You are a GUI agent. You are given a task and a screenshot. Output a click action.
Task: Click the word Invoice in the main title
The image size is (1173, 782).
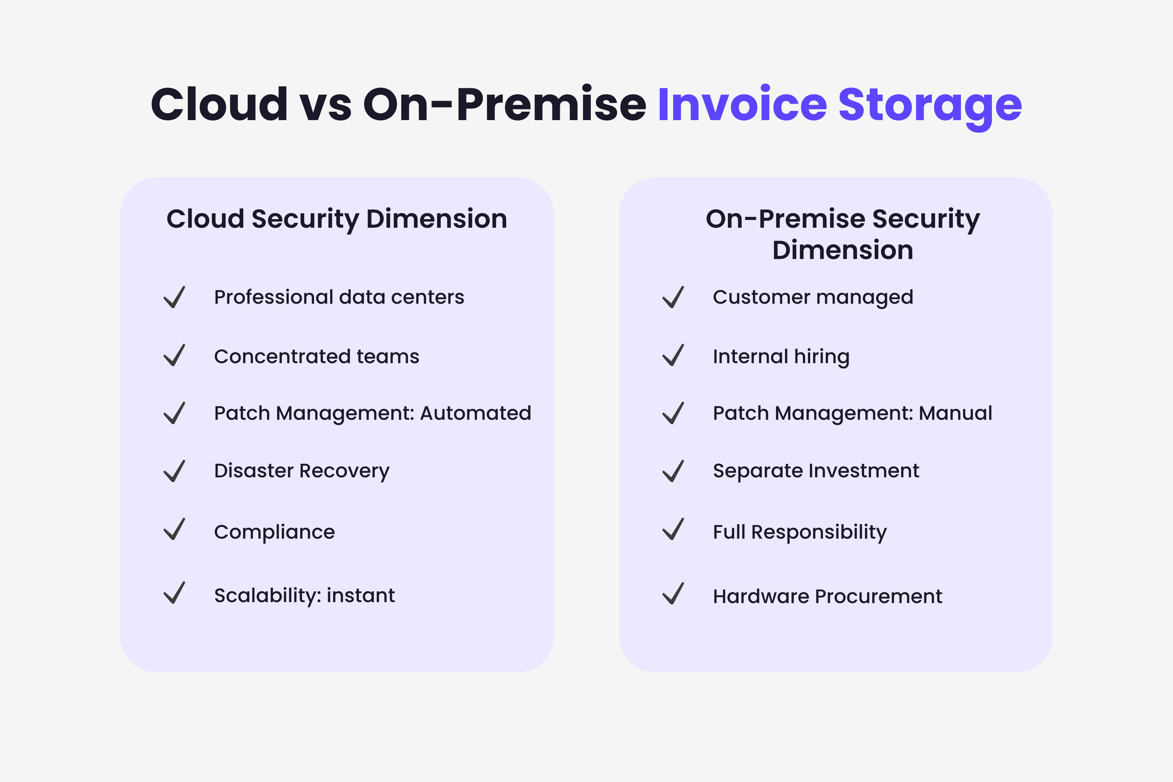point(742,105)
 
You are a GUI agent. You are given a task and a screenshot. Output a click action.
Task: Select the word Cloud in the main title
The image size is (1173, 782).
point(220,105)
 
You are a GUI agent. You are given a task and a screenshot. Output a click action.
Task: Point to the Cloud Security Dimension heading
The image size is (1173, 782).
point(337,219)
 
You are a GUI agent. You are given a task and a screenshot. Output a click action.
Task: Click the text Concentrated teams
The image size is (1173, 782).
point(316,357)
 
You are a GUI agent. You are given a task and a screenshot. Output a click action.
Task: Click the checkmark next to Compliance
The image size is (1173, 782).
point(175,529)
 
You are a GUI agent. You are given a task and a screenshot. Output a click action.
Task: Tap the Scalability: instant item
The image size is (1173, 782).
point(304,596)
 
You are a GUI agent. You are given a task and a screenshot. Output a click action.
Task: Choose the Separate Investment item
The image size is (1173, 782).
point(815,471)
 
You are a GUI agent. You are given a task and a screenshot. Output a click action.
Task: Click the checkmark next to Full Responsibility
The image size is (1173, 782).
point(673,529)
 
